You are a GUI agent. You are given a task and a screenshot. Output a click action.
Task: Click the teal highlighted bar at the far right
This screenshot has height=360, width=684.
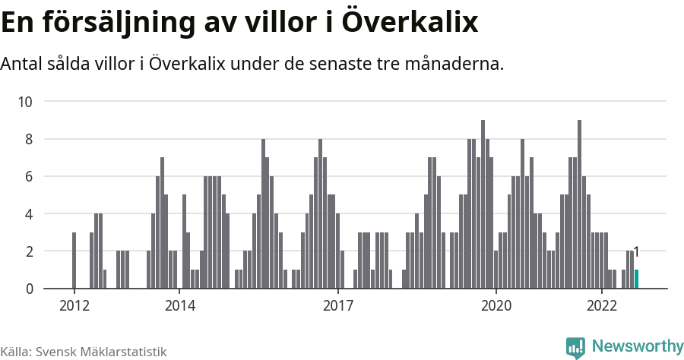point(637,279)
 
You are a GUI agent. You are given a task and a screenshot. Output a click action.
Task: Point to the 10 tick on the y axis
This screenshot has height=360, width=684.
point(27,102)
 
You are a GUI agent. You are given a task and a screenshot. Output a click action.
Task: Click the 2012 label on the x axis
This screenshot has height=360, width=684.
point(74,306)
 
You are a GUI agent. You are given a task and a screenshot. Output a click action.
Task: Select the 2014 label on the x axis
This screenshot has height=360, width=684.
point(179,306)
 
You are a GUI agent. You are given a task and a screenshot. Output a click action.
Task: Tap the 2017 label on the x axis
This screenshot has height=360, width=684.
point(338,306)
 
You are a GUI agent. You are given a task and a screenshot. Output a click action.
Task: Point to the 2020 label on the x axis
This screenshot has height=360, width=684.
point(496,306)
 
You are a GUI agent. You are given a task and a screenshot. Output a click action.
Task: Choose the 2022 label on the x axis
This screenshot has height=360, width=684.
point(602,306)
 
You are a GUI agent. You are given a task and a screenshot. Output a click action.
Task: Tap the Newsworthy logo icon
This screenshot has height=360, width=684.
point(575,347)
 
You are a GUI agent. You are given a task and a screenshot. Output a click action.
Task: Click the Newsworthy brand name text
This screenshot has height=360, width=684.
point(638,346)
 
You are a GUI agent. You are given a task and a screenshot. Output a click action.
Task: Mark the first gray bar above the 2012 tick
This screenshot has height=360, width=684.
point(74,261)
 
